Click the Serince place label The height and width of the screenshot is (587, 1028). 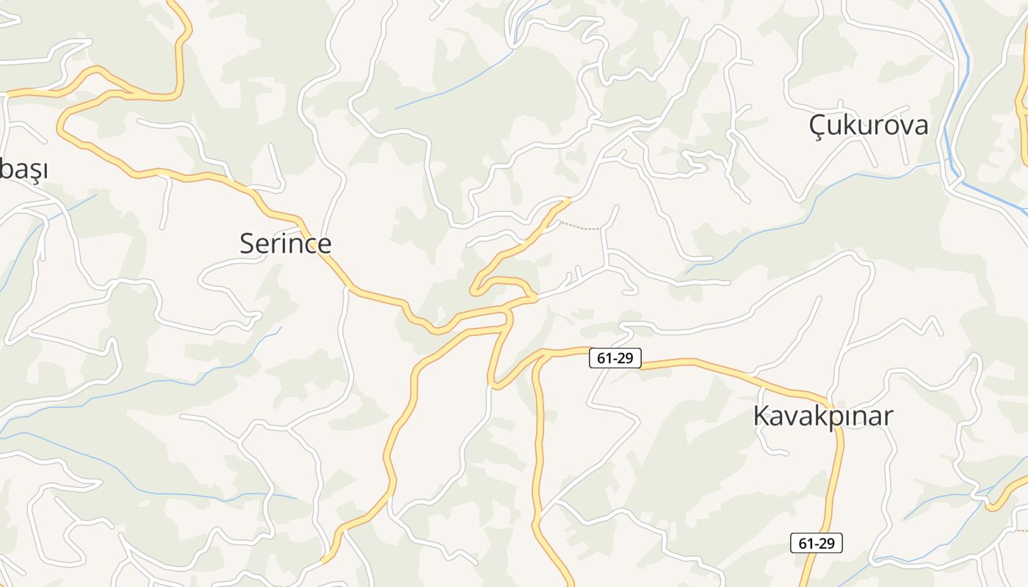click(x=286, y=244)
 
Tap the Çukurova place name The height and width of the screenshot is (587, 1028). click(x=868, y=125)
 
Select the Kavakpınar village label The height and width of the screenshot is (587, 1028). click(x=822, y=416)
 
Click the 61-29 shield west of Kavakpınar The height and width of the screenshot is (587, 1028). click(x=615, y=358)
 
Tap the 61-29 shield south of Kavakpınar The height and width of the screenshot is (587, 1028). click(x=816, y=544)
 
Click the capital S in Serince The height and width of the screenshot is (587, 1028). click(x=248, y=244)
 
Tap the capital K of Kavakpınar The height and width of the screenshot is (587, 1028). click(x=761, y=416)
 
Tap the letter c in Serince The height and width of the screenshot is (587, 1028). click(x=310, y=244)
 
